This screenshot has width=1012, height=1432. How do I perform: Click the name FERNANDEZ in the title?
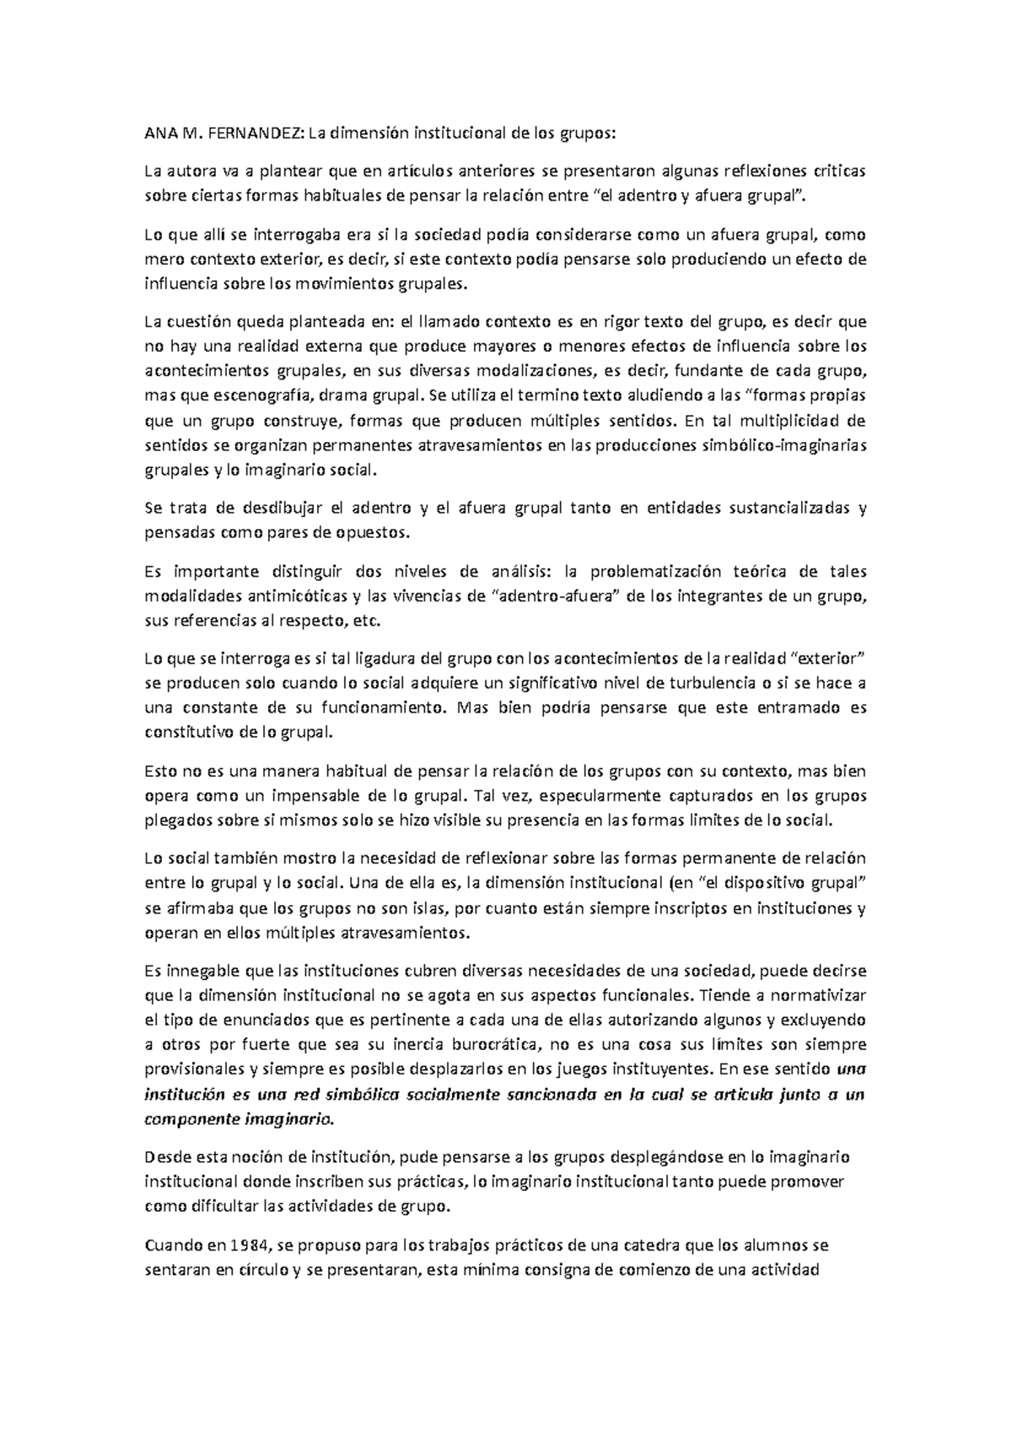click(x=252, y=132)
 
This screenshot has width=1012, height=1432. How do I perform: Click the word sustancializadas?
click(x=773, y=508)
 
